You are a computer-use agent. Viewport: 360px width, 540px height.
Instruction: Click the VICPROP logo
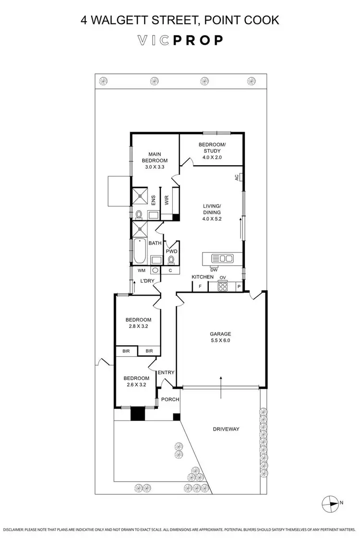[x=180, y=40]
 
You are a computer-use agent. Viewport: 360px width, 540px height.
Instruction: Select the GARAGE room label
[x=220, y=334]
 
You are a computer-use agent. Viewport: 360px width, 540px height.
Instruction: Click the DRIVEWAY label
[x=226, y=429]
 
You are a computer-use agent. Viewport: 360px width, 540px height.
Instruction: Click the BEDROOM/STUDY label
[x=212, y=148]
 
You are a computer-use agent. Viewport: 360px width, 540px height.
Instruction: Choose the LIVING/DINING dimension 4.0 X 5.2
[x=212, y=219]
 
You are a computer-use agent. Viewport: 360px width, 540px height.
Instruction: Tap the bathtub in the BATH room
[x=139, y=251]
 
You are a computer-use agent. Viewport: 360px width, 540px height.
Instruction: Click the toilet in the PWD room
[x=171, y=260]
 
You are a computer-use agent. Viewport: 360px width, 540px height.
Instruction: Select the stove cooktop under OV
[x=223, y=287]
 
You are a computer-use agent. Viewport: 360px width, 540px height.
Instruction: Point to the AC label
[x=237, y=177]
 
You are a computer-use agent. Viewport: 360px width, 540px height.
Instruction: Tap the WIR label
[x=167, y=200]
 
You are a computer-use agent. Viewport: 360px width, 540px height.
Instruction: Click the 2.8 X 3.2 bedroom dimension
[x=138, y=326]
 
